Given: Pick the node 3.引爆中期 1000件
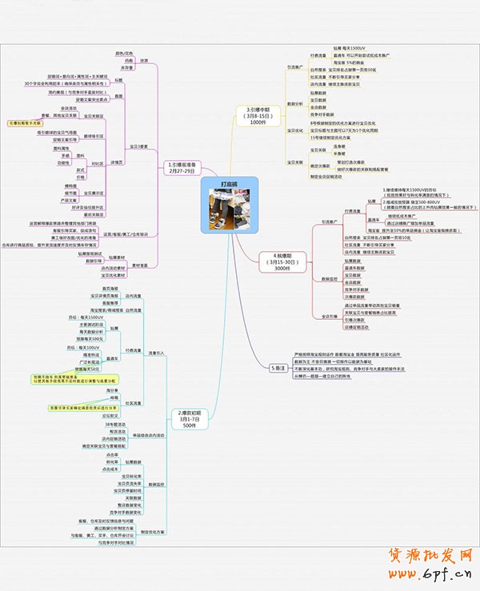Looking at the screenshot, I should click(257, 115).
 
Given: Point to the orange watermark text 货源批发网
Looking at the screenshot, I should click(433, 557).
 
